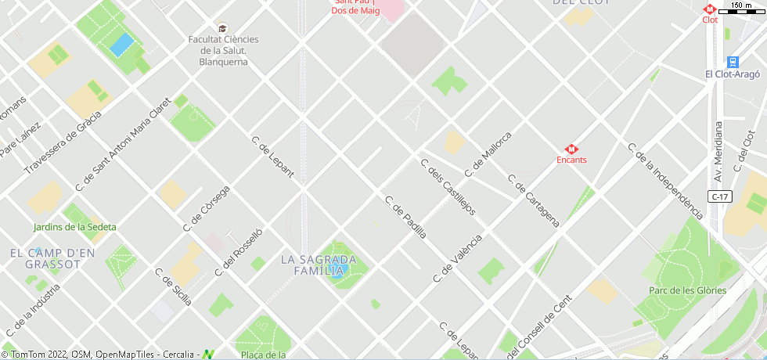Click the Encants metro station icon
(571, 148)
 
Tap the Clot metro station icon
(710, 9)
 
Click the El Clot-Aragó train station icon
(733, 61)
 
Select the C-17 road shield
(721, 196)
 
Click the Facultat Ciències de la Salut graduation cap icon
(223, 28)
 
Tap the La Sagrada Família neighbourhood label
(319, 265)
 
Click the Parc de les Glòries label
(687, 290)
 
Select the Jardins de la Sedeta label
(75, 227)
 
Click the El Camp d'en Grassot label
(52, 258)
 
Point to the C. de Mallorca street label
(488, 154)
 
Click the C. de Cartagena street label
(534, 200)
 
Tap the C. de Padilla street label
(405, 216)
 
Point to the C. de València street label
(458, 257)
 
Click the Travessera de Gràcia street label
(63, 142)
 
